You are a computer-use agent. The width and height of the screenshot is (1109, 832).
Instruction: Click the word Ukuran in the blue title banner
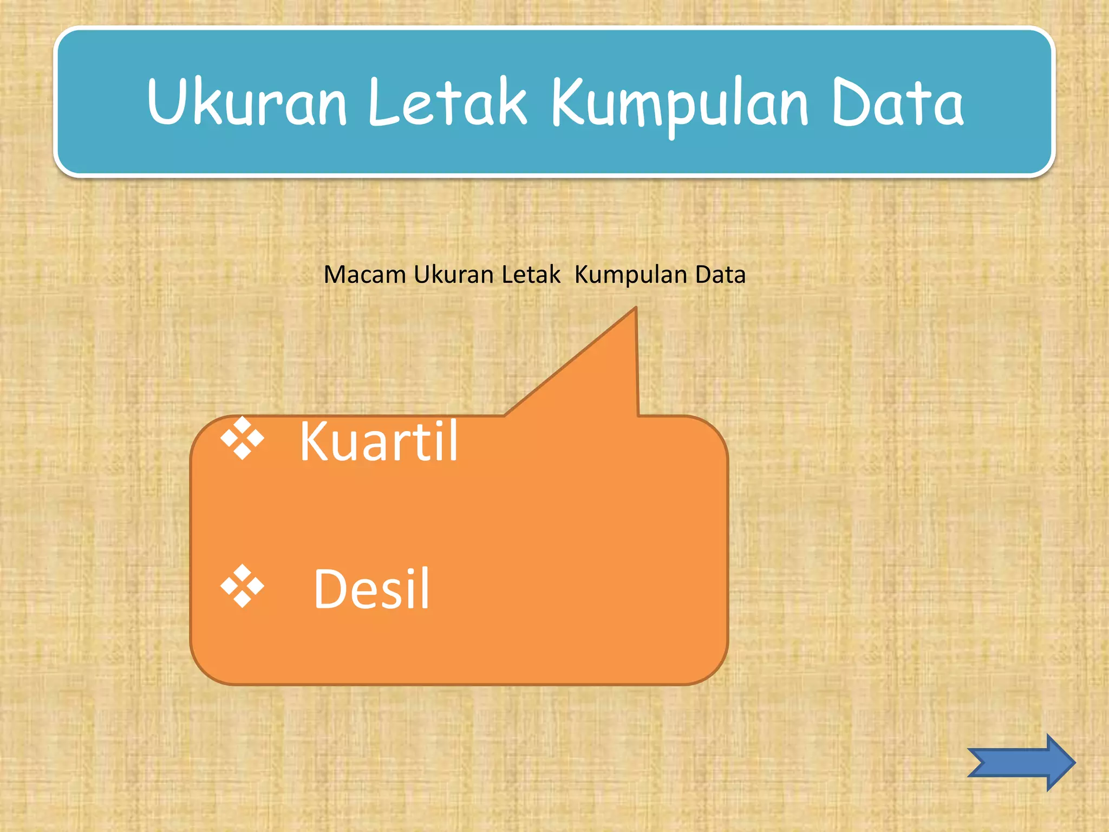click(x=246, y=102)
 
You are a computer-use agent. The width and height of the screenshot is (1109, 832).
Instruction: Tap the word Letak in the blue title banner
click(x=447, y=102)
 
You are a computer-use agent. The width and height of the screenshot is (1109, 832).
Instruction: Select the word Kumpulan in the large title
click(x=680, y=104)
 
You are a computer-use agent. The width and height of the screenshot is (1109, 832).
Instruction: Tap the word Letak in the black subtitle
click(x=531, y=275)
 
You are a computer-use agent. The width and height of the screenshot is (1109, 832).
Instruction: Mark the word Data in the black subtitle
click(x=720, y=275)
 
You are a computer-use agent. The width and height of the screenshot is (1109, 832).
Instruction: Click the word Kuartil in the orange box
click(x=379, y=441)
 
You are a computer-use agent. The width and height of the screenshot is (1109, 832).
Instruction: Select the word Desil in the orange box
click(x=371, y=589)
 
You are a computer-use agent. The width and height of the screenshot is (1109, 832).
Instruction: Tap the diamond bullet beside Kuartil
click(x=242, y=438)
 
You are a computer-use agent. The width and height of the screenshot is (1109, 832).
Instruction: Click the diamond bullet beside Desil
click(x=242, y=586)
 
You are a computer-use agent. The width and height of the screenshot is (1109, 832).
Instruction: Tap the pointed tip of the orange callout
click(x=635, y=308)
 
